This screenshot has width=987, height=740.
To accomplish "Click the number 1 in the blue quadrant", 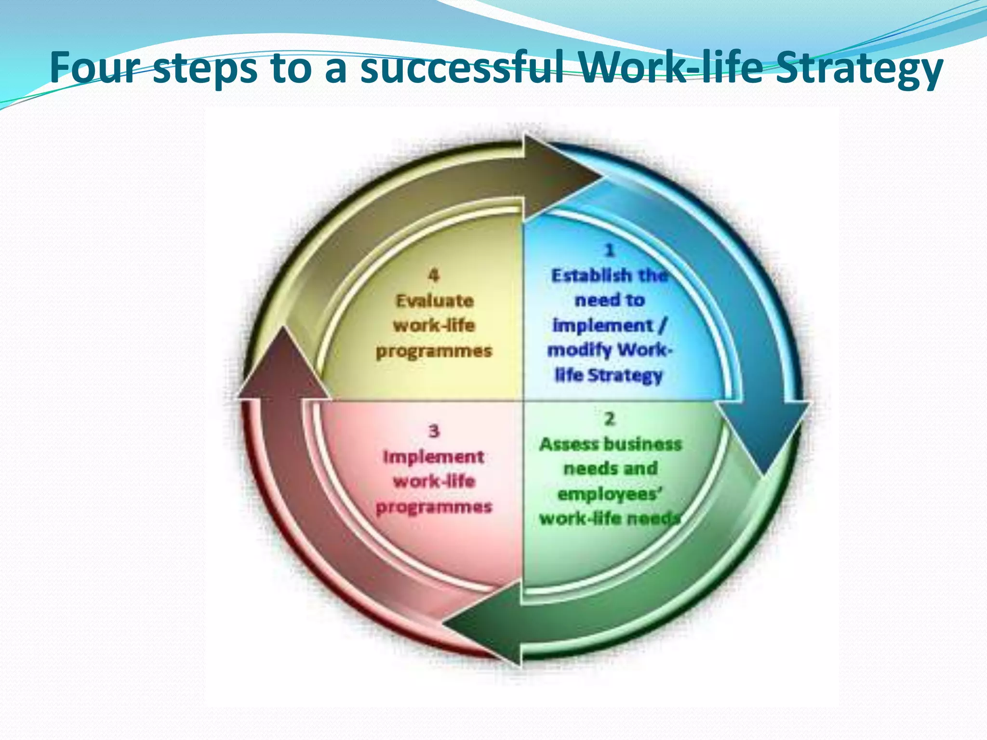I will [x=610, y=250].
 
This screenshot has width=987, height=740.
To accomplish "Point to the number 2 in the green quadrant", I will [x=610, y=419].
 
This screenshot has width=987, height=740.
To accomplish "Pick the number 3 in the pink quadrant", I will [x=434, y=431].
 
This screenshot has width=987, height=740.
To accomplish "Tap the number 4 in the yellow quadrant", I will [x=433, y=275].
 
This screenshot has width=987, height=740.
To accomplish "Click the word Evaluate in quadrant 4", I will [x=435, y=301].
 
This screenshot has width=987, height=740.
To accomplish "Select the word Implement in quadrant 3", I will [x=433, y=457].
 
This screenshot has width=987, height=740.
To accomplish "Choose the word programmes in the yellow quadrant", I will [x=434, y=351].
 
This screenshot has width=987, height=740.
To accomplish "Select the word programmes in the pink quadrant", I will [x=434, y=507].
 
